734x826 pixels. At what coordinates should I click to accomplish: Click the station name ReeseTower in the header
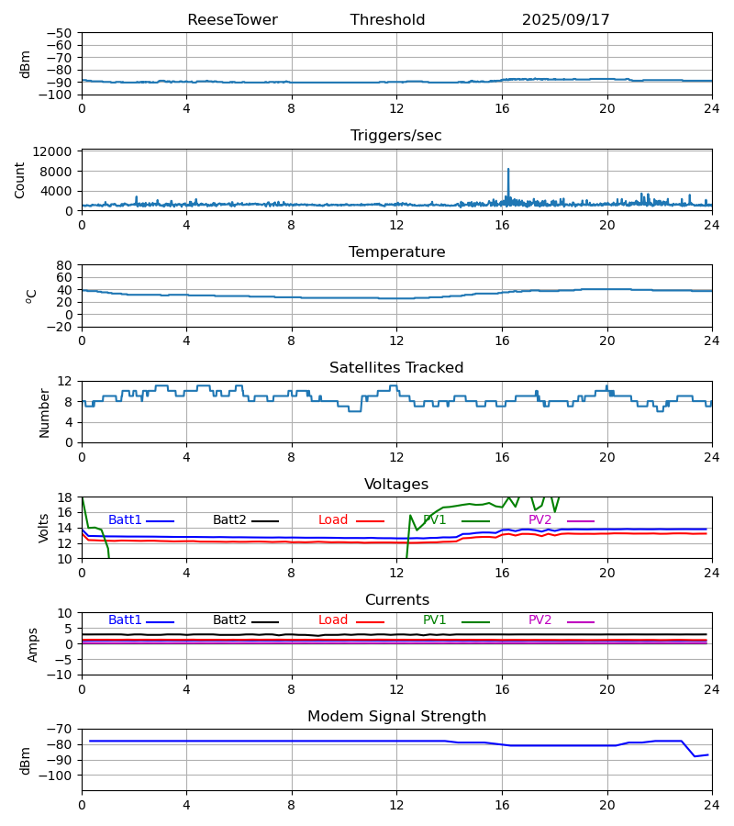coord(232,20)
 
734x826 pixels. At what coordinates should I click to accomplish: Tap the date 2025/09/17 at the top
coord(565,20)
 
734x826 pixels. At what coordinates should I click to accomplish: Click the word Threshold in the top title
coord(387,20)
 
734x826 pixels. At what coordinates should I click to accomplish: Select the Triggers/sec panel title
coord(396,136)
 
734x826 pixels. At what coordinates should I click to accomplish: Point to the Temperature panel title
coord(396,252)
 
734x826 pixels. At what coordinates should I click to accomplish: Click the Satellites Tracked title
coord(396,368)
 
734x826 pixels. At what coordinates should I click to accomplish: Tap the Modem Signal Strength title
coord(396,717)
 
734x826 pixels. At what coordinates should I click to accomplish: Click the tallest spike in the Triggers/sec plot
coord(508,170)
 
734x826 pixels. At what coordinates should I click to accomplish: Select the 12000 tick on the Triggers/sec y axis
coord(58,151)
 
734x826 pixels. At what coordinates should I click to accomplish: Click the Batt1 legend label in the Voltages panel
coord(125,520)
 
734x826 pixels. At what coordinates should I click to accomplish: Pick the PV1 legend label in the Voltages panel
coord(435,520)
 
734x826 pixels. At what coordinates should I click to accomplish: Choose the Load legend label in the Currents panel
coord(333,620)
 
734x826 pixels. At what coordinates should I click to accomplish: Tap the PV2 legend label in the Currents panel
coord(539,620)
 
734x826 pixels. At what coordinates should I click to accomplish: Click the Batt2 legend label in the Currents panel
coord(229,620)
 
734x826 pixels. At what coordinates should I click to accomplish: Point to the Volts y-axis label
coord(44,528)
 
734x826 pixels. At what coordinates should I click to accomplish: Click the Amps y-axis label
coord(33,644)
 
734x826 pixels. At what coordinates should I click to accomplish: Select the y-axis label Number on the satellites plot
coord(44,412)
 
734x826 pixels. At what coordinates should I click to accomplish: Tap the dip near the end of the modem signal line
coord(695,756)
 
